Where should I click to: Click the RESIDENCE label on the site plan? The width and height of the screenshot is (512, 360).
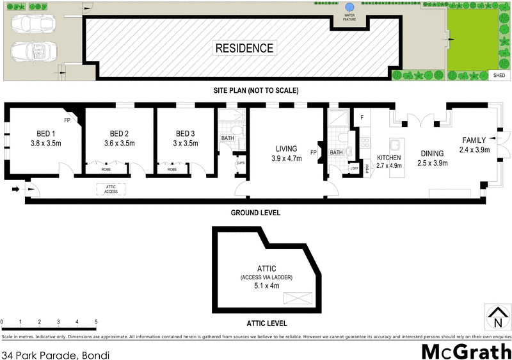pos(244,48)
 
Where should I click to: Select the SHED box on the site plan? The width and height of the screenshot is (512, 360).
pos(499,75)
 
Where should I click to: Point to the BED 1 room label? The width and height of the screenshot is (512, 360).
pos(45,134)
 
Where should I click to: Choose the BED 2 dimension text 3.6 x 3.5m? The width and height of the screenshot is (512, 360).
pos(119,143)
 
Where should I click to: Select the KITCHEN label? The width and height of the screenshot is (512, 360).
pos(388,158)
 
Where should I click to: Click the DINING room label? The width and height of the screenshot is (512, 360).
pos(433,153)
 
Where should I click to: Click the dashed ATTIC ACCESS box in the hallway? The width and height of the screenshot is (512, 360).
pos(111,189)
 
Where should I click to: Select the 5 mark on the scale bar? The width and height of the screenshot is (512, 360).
pos(96,322)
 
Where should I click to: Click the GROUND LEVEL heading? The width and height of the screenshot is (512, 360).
pos(256,213)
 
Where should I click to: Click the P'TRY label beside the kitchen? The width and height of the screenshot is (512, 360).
pos(367,168)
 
